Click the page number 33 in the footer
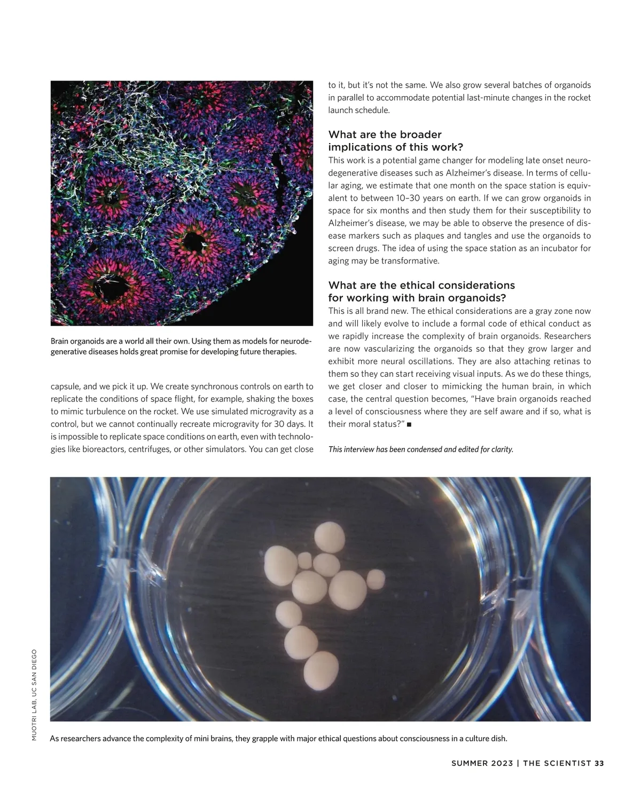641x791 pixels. click(x=599, y=763)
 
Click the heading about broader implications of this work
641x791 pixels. click(x=395, y=141)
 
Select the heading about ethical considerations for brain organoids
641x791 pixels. click(x=421, y=291)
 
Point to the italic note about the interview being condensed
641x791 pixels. click(x=420, y=449)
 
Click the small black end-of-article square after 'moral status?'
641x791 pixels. click(x=409, y=425)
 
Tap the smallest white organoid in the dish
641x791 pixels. click(x=305, y=560)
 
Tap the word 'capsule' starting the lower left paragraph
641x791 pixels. click(x=65, y=386)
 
